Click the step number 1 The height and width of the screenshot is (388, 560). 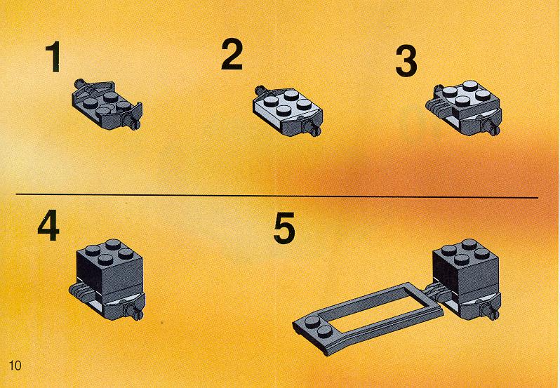[53, 57]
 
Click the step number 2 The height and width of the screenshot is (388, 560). [232, 54]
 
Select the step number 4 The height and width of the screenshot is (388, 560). [48, 225]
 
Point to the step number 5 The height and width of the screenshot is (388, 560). [284, 228]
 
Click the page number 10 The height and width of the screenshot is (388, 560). [15, 366]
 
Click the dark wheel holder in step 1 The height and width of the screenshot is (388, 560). [107, 105]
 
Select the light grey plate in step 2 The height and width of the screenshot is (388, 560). [286, 106]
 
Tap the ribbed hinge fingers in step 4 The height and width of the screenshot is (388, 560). [81, 292]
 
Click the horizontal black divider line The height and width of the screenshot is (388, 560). [276, 196]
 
